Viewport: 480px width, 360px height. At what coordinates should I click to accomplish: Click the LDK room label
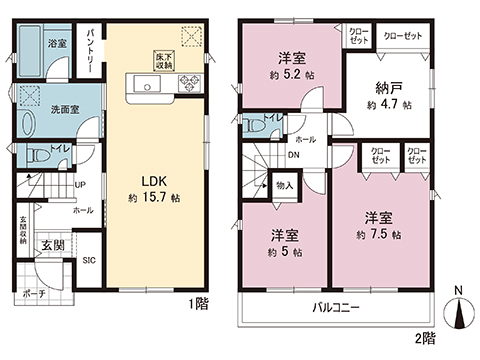coord(152,181)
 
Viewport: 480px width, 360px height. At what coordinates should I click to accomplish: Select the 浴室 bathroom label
coord(57,43)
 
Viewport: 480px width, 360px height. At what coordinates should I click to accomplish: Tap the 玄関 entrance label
coord(52,244)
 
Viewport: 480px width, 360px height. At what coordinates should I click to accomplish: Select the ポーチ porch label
coord(33,296)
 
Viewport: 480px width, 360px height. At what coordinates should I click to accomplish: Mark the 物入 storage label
coord(284,185)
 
